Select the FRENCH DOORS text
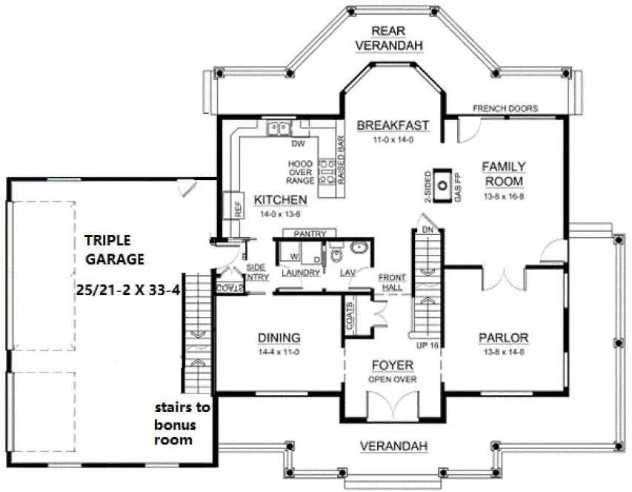505,108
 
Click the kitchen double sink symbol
279,128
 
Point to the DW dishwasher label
299,144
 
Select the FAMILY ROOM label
504,173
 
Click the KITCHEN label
280,200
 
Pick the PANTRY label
310,234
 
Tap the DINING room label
279,338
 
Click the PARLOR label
504,338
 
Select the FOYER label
393,366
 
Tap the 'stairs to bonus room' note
182,423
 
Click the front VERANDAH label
392,446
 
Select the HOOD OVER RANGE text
301,172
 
